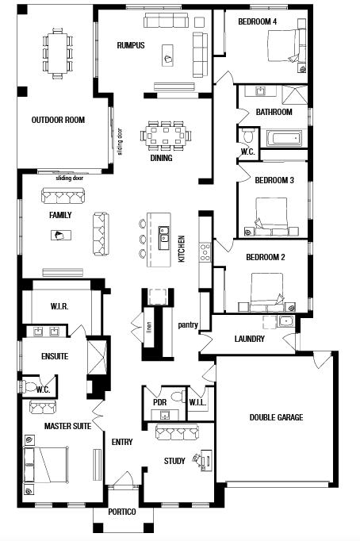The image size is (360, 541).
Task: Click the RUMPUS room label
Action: pos(131,45)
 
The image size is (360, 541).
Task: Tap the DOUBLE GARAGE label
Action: pos(276,417)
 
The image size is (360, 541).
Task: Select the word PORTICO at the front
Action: pos(122,512)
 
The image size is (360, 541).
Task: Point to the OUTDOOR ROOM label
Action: pos(58,120)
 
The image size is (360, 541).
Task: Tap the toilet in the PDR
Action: pos(178,396)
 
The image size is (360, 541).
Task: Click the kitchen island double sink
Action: pos(164,238)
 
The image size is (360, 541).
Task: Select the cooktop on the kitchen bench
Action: pos(205,252)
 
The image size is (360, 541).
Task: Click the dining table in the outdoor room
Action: pos(58,53)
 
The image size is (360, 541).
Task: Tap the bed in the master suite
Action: pos(45,465)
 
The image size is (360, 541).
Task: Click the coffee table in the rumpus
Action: pos(167,56)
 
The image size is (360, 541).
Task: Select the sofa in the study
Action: pos(177,432)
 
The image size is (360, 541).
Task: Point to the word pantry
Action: pos(188,325)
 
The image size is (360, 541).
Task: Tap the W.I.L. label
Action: pos(197,402)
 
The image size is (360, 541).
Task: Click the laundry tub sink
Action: pos(286,321)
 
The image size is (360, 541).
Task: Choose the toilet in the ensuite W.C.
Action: pos(28,386)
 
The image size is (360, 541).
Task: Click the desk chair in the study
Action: pos(197,459)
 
